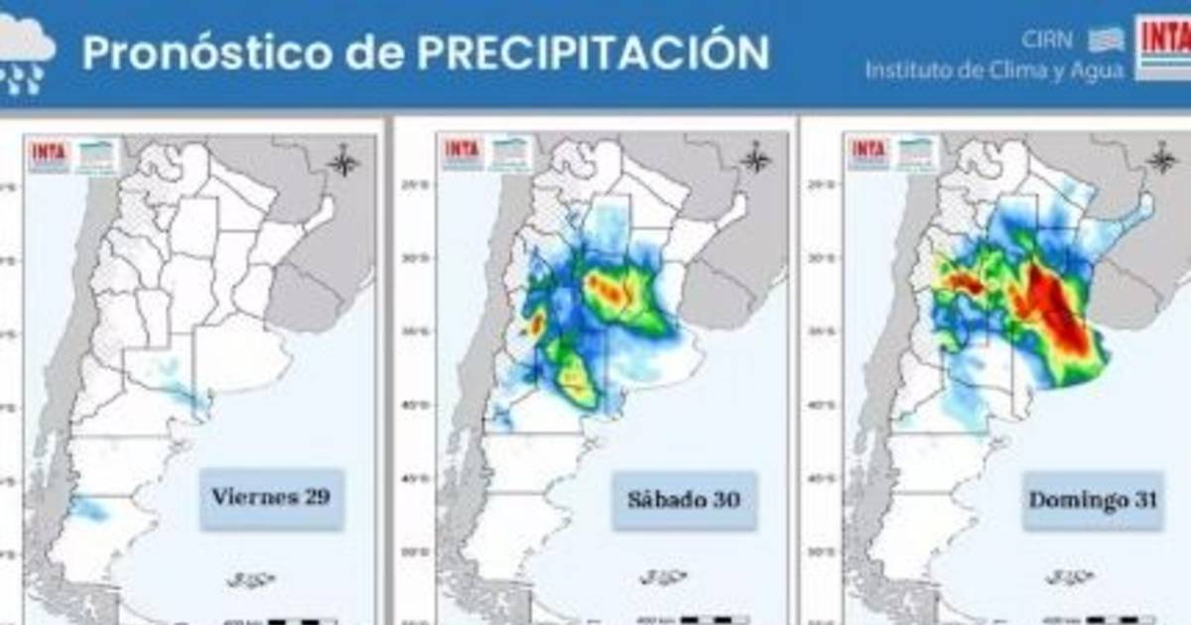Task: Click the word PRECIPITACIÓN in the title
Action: pyautogui.click(x=593, y=53)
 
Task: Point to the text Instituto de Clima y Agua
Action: pyautogui.click(x=994, y=70)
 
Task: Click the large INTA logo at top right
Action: pyautogui.click(x=1162, y=47)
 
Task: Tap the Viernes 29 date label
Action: pyautogui.click(x=271, y=496)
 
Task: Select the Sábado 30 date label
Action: pyautogui.click(x=684, y=499)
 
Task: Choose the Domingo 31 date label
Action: pyautogui.click(x=1093, y=500)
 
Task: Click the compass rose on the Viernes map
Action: pyautogui.click(x=344, y=160)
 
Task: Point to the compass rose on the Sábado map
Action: pyautogui.click(x=755, y=158)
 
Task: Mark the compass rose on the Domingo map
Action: pyautogui.click(x=1162, y=158)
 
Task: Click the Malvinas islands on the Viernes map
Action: pyautogui.click(x=250, y=578)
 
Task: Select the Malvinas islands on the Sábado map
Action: pyautogui.click(x=663, y=576)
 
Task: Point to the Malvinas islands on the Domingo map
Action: pyautogui.click(x=1070, y=575)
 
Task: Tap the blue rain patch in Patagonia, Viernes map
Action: pyautogui.click(x=91, y=509)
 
